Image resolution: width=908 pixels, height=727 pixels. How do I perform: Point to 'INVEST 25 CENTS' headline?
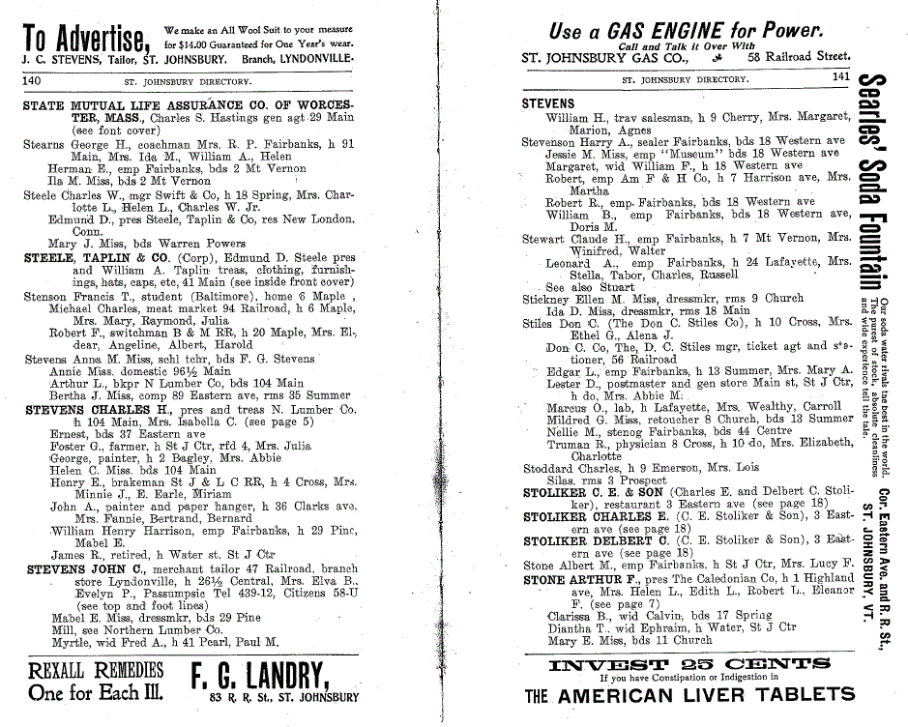pyautogui.click(x=688, y=663)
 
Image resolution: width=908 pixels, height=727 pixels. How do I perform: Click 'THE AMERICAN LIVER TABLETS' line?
pyautogui.click(x=689, y=694)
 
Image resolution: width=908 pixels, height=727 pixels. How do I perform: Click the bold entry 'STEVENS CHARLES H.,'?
pyautogui.click(x=93, y=409)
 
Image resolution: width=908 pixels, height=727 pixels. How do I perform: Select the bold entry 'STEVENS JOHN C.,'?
pyautogui.click(x=85, y=568)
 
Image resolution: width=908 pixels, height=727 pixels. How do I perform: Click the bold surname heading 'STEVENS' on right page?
pyautogui.click(x=548, y=103)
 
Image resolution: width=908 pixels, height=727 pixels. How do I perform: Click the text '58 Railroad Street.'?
pyautogui.click(x=792, y=57)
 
